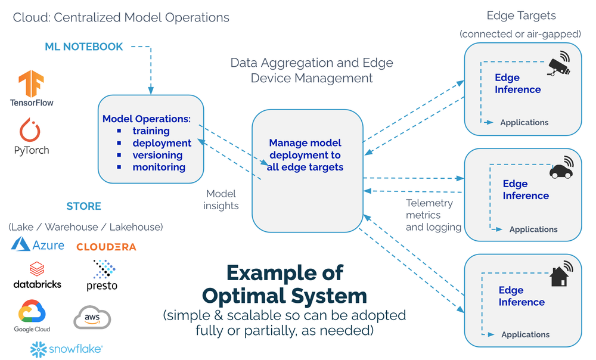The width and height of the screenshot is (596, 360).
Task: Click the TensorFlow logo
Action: point(31,83)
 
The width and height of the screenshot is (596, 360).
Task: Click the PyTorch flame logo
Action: point(31,129)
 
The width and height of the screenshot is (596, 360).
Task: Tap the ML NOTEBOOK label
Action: point(83,46)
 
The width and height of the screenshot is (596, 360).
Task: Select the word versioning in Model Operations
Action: point(157,155)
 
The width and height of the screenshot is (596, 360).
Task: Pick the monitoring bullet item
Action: point(159,167)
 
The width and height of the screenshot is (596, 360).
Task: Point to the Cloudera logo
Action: point(106,246)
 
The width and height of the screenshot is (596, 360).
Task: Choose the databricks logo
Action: point(37,275)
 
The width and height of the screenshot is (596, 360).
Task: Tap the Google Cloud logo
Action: point(32,316)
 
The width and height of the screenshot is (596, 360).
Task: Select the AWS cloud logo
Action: point(92,317)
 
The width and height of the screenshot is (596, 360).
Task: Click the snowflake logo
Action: point(66,349)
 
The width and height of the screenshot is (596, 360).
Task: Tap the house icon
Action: point(559,275)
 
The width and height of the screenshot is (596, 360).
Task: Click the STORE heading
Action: point(83,206)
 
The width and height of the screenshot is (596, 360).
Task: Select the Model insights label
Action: point(221,200)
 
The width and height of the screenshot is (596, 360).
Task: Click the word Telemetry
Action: point(429,203)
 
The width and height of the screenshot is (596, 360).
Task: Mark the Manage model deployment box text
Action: point(305,155)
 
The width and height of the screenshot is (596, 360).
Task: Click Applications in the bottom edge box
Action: point(525,334)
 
